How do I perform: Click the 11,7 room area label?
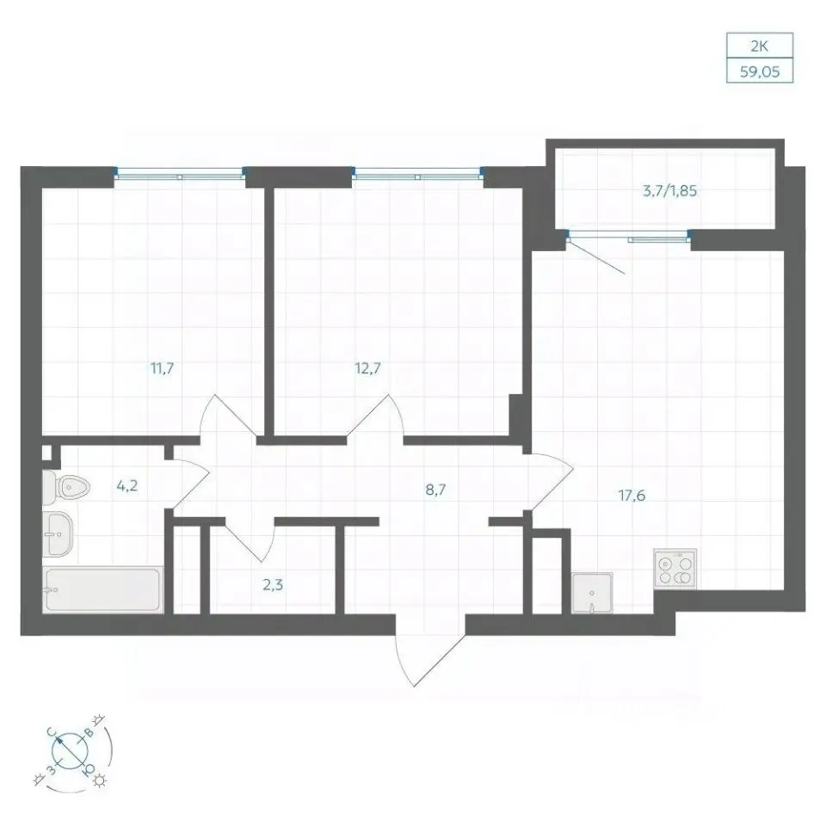tap(163, 368)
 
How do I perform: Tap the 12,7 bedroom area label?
tap(367, 368)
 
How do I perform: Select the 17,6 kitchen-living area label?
tap(632, 496)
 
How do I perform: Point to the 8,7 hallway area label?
tap(435, 490)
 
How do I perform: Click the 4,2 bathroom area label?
tap(127, 485)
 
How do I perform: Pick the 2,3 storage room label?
tap(273, 584)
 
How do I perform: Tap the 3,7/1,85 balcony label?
tap(669, 191)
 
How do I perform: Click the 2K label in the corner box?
tap(759, 46)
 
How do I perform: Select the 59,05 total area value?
tap(760, 71)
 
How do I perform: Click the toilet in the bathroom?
tap(66, 487)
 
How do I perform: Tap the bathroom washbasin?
tap(58, 533)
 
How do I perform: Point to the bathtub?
tap(103, 590)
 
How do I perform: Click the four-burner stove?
tap(675, 569)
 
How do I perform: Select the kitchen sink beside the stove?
tap(592, 593)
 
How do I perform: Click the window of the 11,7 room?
tap(180, 173)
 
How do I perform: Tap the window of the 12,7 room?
tap(417, 173)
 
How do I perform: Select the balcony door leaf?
tap(596, 256)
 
